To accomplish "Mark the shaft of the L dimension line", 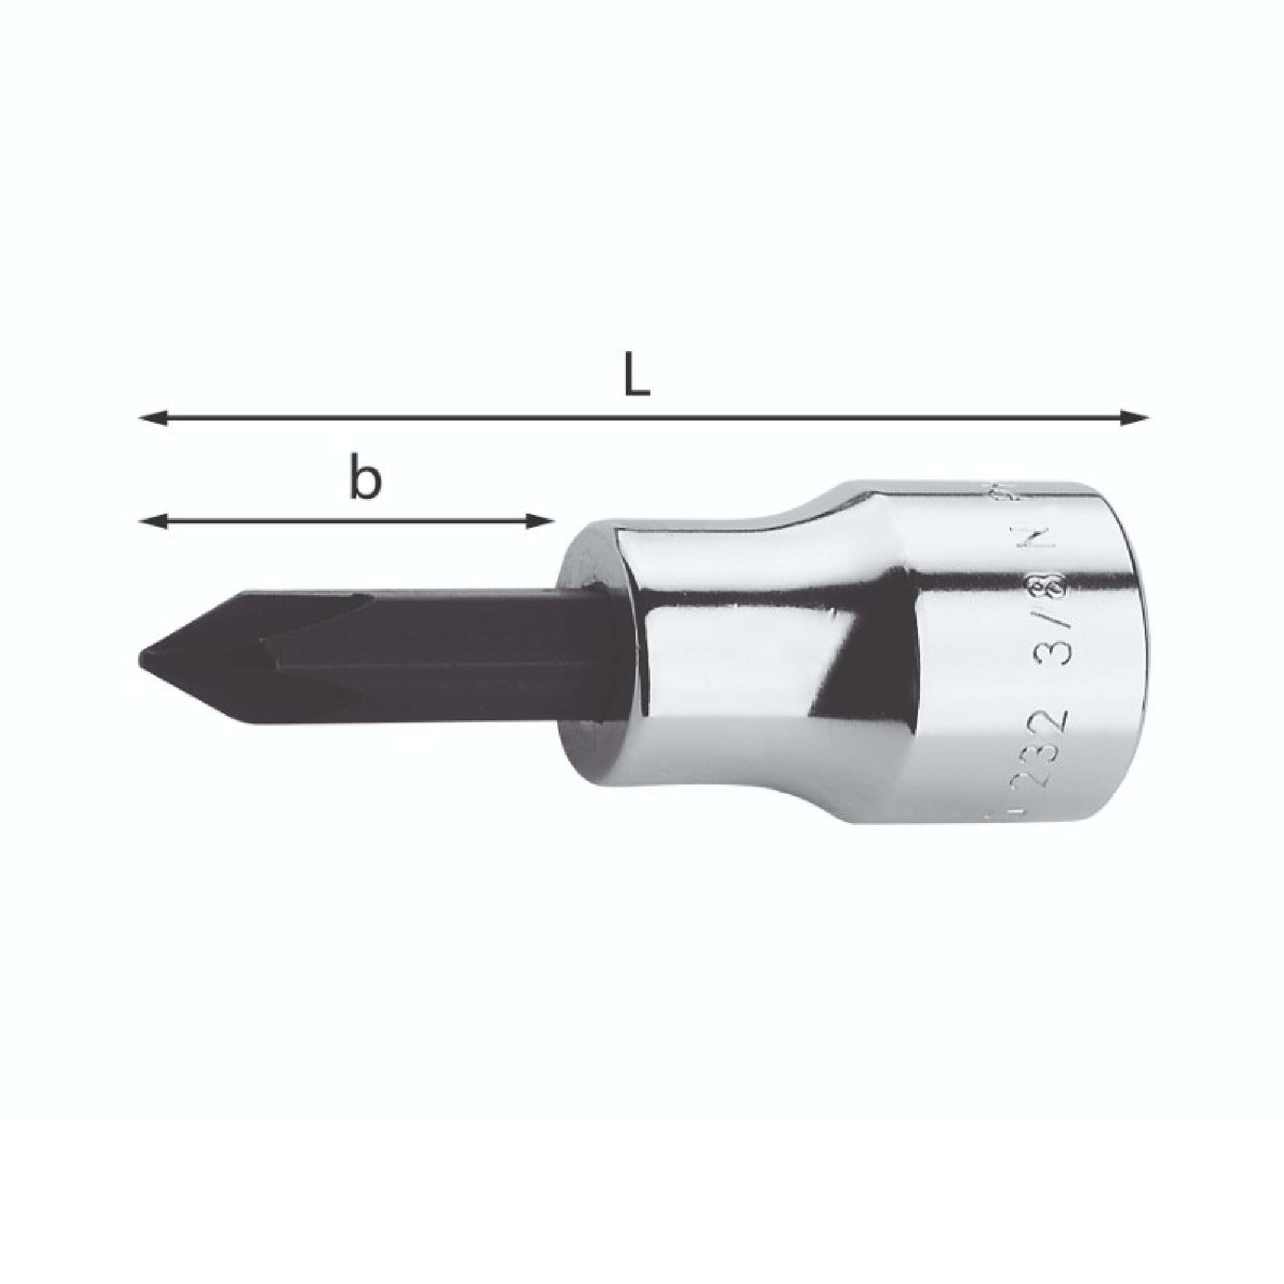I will click(x=638, y=418).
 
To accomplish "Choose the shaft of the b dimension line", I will click(x=345, y=522).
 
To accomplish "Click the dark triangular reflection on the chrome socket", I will click(x=844, y=651).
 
